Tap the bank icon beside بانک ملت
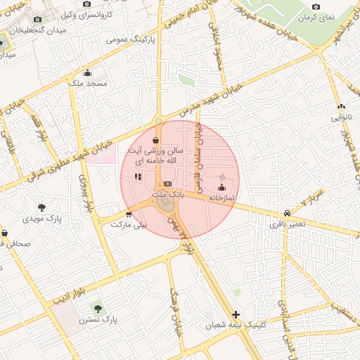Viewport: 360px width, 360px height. pos(167,184)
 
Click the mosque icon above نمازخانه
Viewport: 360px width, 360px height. pos(222,187)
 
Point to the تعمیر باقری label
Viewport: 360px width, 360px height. pos(287,224)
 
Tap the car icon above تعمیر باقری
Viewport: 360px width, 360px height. pos(287,214)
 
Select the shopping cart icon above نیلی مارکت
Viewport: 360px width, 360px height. pos(128,214)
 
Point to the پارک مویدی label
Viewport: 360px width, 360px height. pos(43,219)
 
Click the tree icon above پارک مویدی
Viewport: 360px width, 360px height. pos(43,207)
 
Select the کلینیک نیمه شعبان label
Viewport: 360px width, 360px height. pos(236,326)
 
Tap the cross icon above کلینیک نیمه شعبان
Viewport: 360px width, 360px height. pos(236,314)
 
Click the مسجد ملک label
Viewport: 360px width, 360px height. pos(87,83)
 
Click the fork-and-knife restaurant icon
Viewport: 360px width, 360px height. pos(138,177)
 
